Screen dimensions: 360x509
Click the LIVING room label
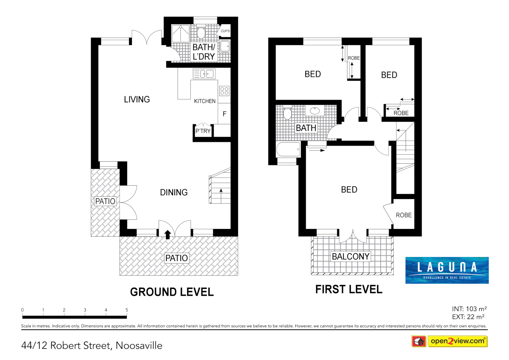137,99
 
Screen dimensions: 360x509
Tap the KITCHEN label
205,101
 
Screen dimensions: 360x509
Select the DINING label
174,192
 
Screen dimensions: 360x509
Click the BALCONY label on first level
351,256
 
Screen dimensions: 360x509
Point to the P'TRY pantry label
203,131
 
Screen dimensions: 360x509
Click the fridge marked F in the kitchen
224,114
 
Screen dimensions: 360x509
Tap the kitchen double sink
204,74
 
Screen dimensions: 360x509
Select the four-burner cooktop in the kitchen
224,91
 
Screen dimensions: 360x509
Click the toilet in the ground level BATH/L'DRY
201,32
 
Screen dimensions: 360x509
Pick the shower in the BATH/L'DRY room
180,33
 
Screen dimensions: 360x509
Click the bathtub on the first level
288,150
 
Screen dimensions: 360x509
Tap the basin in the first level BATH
315,110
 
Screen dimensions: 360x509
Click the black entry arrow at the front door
168,234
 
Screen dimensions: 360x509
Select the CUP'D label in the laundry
225,31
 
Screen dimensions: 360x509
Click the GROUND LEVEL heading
172,292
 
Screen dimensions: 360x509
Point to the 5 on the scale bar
127,310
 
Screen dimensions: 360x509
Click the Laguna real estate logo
447,270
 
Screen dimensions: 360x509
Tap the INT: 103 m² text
469,309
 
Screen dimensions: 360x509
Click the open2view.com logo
457,341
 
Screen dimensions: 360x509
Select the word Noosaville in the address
139,346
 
